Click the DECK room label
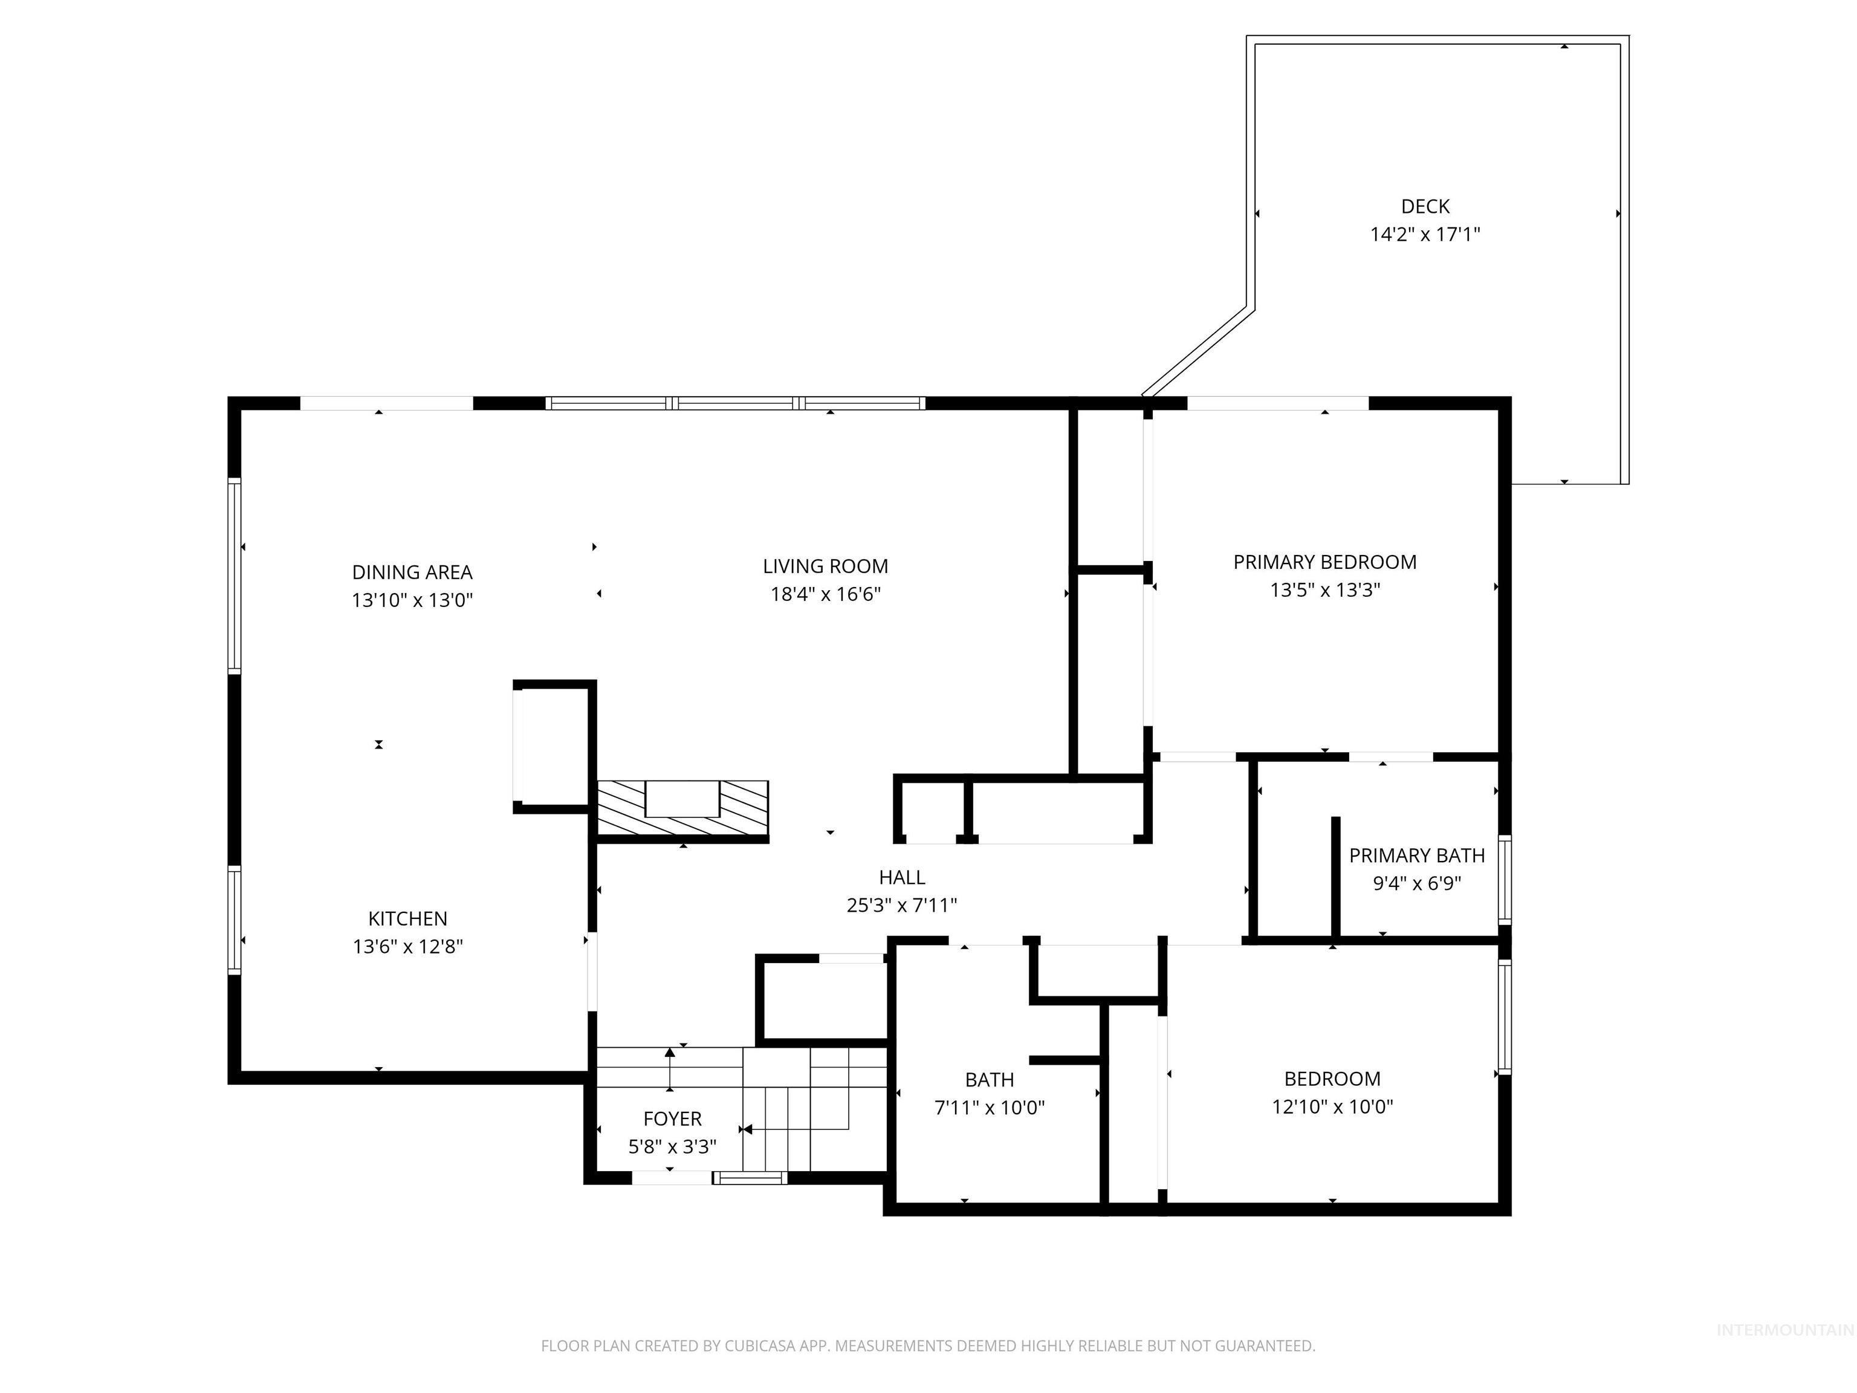pos(1425,207)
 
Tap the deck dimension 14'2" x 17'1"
pos(1425,234)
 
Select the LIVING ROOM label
pos(825,567)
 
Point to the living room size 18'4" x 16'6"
pos(825,594)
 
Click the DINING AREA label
pos(412,573)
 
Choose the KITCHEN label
pos(408,918)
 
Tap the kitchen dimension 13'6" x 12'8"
pos(408,946)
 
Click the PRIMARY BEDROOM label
pos(1325,562)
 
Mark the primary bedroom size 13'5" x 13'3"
pos(1325,590)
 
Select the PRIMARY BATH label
pos(1417,856)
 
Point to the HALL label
pos(902,877)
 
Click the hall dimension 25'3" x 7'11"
pos(902,905)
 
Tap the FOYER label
pos(672,1119)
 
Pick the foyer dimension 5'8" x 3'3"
pos(672,1146)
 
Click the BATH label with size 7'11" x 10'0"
pos(989,1080)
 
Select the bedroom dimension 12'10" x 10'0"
pos(1332,1106)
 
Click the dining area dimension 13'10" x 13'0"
pos(412,600)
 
